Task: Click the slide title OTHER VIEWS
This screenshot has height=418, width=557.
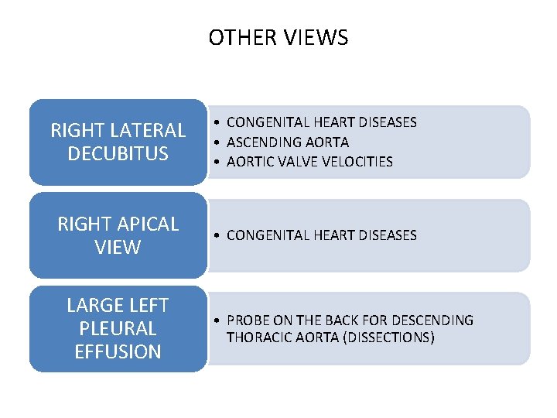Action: click(278, 37)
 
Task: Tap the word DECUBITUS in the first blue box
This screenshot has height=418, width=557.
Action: click(118, 153)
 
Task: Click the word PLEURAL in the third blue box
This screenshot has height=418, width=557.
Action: click(118, 328)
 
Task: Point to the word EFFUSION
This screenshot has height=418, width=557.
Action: click(118, 351)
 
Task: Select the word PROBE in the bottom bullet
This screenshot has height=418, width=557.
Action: click(247, 320)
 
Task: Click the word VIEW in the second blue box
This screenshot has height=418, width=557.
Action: click(118, 247)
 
